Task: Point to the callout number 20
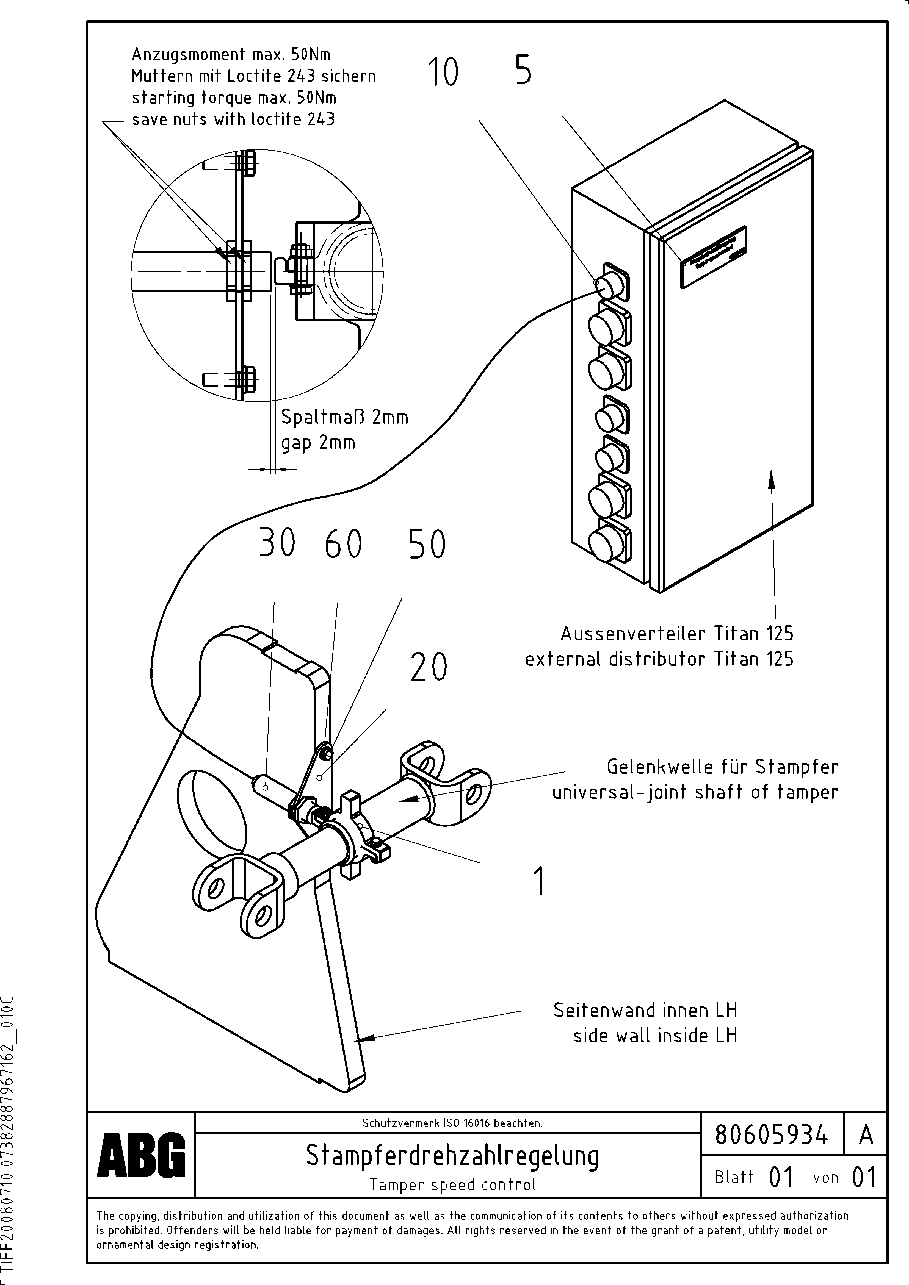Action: point(429,667)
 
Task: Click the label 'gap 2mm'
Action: point(318,443)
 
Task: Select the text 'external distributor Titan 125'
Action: point(659,659)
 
